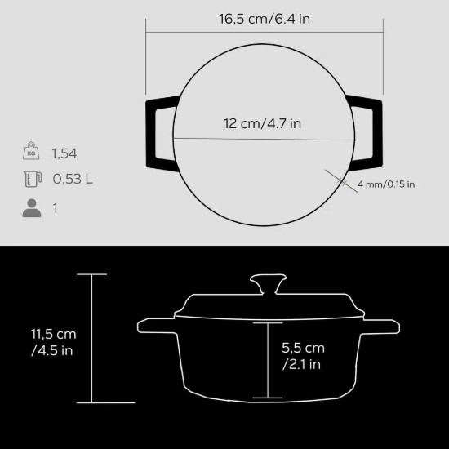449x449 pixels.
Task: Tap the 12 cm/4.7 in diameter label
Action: point(264,123)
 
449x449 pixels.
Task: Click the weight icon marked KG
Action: point(30,152)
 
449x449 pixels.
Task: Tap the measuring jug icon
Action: point(31,180)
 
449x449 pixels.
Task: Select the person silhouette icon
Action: point(31,208)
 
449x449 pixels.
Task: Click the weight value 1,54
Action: point(64,153)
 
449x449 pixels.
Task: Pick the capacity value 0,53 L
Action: point(72,180)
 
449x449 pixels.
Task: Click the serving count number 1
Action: point(56,208)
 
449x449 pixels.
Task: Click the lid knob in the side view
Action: point(268,285)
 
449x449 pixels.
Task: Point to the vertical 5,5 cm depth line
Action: point(267,359)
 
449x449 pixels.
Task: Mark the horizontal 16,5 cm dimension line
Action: point(265,33)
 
